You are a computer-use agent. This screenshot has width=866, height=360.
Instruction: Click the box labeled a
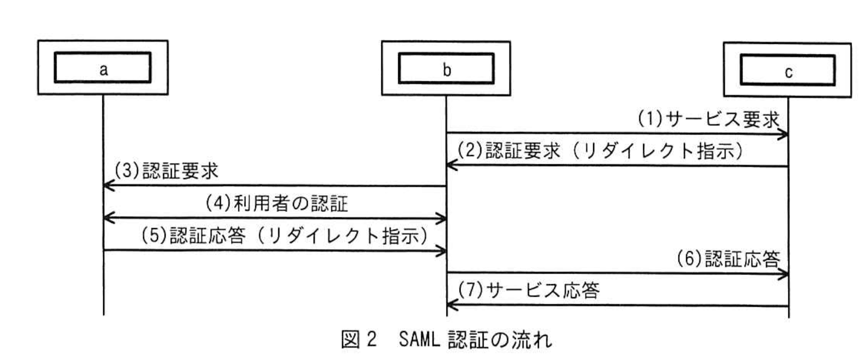[103, 67]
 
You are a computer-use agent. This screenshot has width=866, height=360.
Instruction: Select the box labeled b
[446, 69]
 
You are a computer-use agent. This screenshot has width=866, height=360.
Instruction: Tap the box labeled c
[787, 71]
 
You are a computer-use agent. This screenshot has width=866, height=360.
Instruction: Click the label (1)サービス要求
[708, 120]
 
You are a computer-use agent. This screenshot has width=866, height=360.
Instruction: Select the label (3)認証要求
[166, 171]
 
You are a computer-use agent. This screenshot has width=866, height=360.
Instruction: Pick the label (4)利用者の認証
[277, 204]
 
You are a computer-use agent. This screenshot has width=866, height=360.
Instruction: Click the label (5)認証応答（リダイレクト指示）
[284, 236]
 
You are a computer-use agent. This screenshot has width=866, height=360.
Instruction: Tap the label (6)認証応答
[728, 259]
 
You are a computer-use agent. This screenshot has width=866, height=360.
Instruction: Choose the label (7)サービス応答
[529, 290]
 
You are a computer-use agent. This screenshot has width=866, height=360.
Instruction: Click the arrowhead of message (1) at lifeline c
[784, 134]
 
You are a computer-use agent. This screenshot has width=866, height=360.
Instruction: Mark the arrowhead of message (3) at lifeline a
[108, 186]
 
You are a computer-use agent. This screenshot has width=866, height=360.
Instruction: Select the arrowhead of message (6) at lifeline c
[784, 275]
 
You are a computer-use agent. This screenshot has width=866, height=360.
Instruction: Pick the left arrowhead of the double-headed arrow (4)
[108, 218]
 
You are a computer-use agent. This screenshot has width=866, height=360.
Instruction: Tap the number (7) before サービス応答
[470, 290]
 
